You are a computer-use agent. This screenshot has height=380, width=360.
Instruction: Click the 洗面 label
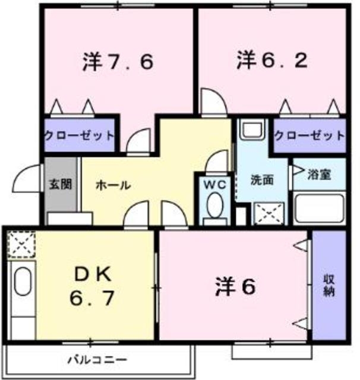coord(262,180)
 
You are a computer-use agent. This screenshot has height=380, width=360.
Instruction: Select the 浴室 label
coord(318,175)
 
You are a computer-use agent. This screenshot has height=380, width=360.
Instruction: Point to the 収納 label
coord(329,285)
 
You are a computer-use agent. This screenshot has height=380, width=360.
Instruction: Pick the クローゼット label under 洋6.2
coord(309,135)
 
